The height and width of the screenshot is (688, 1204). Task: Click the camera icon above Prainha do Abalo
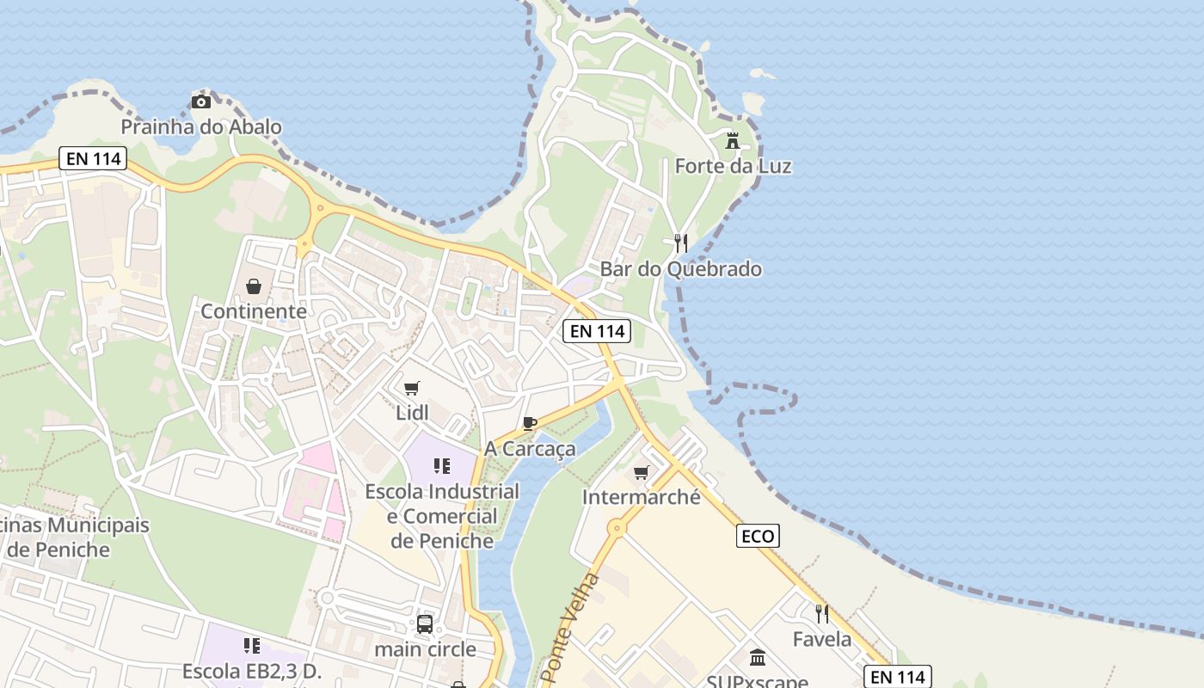pos(201,102)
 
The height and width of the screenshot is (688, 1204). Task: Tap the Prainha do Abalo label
pos(201,127)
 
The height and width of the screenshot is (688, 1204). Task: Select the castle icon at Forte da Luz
pos(733,140)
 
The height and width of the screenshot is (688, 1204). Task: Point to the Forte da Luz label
pos(733,166)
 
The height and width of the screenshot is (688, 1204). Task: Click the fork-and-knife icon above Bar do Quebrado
pos(680,243)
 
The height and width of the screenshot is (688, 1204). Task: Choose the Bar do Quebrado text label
pos(680,269)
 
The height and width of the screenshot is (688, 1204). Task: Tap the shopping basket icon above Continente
pos(254,286)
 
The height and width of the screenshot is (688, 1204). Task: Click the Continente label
pos(254,311)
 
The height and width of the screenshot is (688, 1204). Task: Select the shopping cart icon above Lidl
pos(412,388)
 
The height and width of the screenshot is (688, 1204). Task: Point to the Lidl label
pos(412,413)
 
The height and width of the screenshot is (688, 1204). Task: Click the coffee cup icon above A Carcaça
pos(530,423)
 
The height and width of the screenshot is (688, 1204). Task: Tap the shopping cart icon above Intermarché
pos(641,472)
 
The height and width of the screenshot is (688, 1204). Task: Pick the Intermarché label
pos(641,497)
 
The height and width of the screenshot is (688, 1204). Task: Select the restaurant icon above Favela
pos(822,613)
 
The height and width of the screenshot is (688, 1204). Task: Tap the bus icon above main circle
pos(425,623)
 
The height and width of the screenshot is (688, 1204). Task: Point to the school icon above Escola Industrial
pos(442,466)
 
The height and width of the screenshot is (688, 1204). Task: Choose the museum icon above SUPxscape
pos(758,658)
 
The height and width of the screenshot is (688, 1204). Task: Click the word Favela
pos(822,639)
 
